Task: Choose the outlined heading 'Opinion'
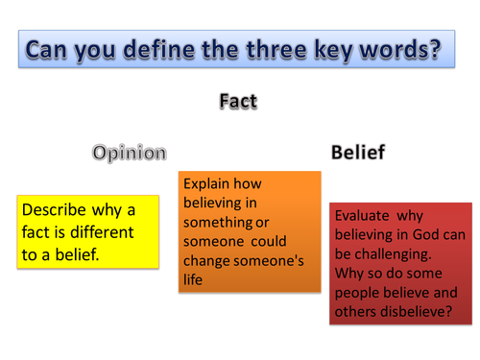(x=130, y=152)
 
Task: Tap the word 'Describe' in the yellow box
(x=57, y=210)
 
